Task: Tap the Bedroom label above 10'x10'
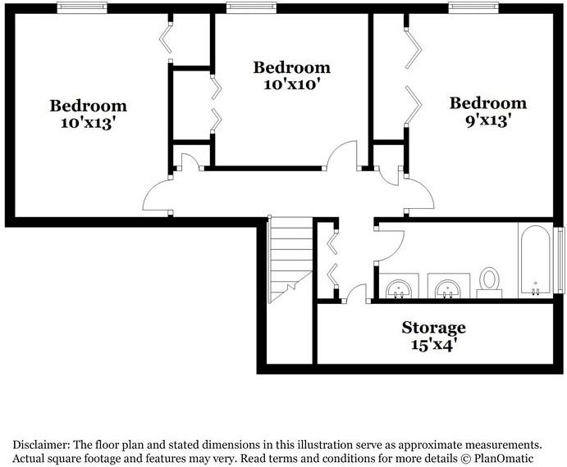291,67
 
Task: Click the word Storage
433,328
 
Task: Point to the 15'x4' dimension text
433,344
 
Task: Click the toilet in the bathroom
490,280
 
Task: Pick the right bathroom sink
447,288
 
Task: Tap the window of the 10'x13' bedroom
81,7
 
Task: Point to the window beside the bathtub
561,259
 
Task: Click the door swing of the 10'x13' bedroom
156,196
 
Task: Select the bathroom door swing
389,244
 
